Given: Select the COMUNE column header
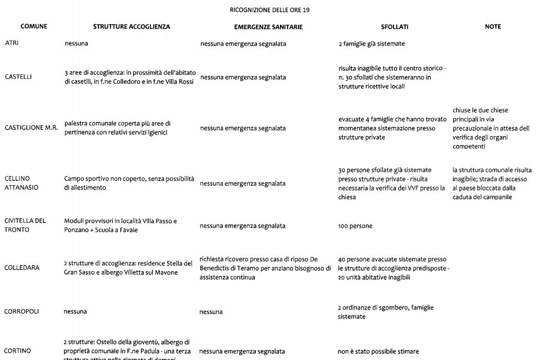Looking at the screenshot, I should (x=34, y=26).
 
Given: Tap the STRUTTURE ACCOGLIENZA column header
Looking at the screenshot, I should (x=131, y=27).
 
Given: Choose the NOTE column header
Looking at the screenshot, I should (x=493, y=26).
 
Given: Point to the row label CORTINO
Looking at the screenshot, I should (x=17, y=351).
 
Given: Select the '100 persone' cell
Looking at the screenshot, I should (x=355, y=226).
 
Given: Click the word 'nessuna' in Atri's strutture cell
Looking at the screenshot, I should (x=76, y=44).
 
